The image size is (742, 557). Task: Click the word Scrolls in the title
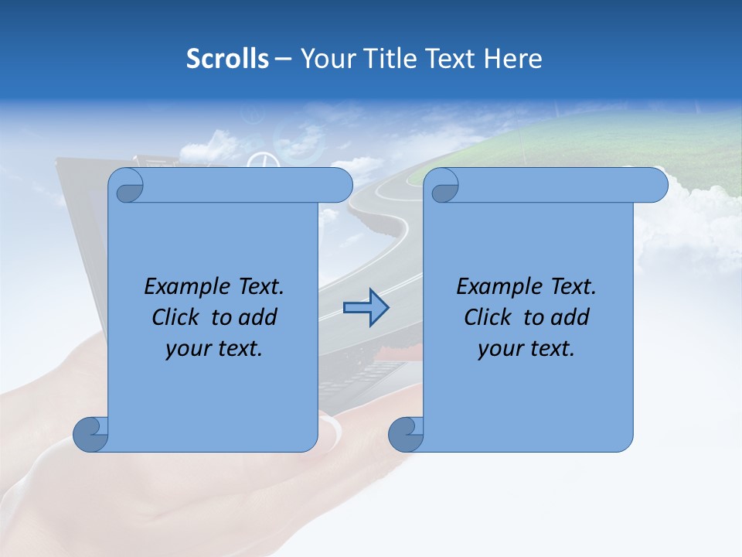[227, 59]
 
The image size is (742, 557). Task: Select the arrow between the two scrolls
[366, 308]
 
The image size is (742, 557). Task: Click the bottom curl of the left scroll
[90, 434]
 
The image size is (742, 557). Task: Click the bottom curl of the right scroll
[404, 434]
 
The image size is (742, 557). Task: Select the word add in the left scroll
[258, 317]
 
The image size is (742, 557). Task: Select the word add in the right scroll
[570, 317]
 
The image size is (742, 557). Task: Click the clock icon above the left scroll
[261, 161]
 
